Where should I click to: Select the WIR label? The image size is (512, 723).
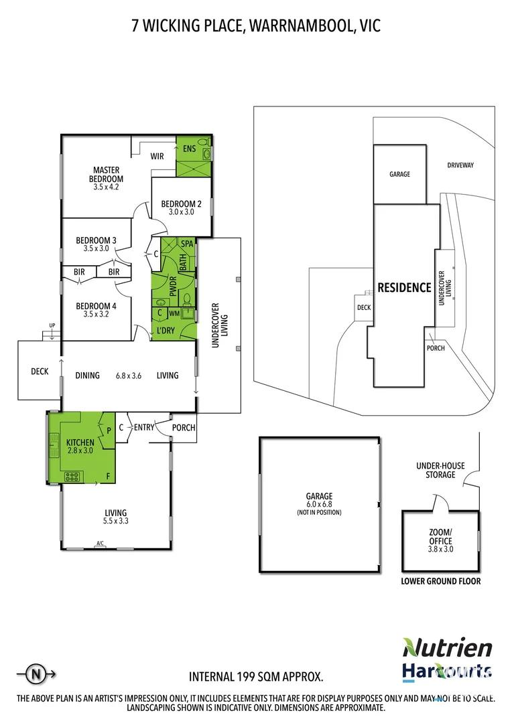[157, 156]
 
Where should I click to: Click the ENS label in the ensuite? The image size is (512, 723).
[188, 149]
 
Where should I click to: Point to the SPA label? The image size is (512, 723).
[187, 244]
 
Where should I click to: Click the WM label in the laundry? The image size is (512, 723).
[174, 313]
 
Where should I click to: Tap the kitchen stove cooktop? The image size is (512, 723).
[72, 477]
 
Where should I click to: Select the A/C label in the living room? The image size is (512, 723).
[101, 543]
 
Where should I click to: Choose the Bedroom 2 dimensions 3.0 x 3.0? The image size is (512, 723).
[181, 212]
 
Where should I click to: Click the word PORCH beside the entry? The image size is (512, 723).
[183, 428]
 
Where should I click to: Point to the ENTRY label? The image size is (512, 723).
[145, 428]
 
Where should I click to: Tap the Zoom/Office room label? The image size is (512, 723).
[441, 536]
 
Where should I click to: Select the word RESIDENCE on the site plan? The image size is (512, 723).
[404, 288]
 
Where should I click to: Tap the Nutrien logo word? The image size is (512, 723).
[448, 647]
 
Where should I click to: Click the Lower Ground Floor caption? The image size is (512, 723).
[440, 581]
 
